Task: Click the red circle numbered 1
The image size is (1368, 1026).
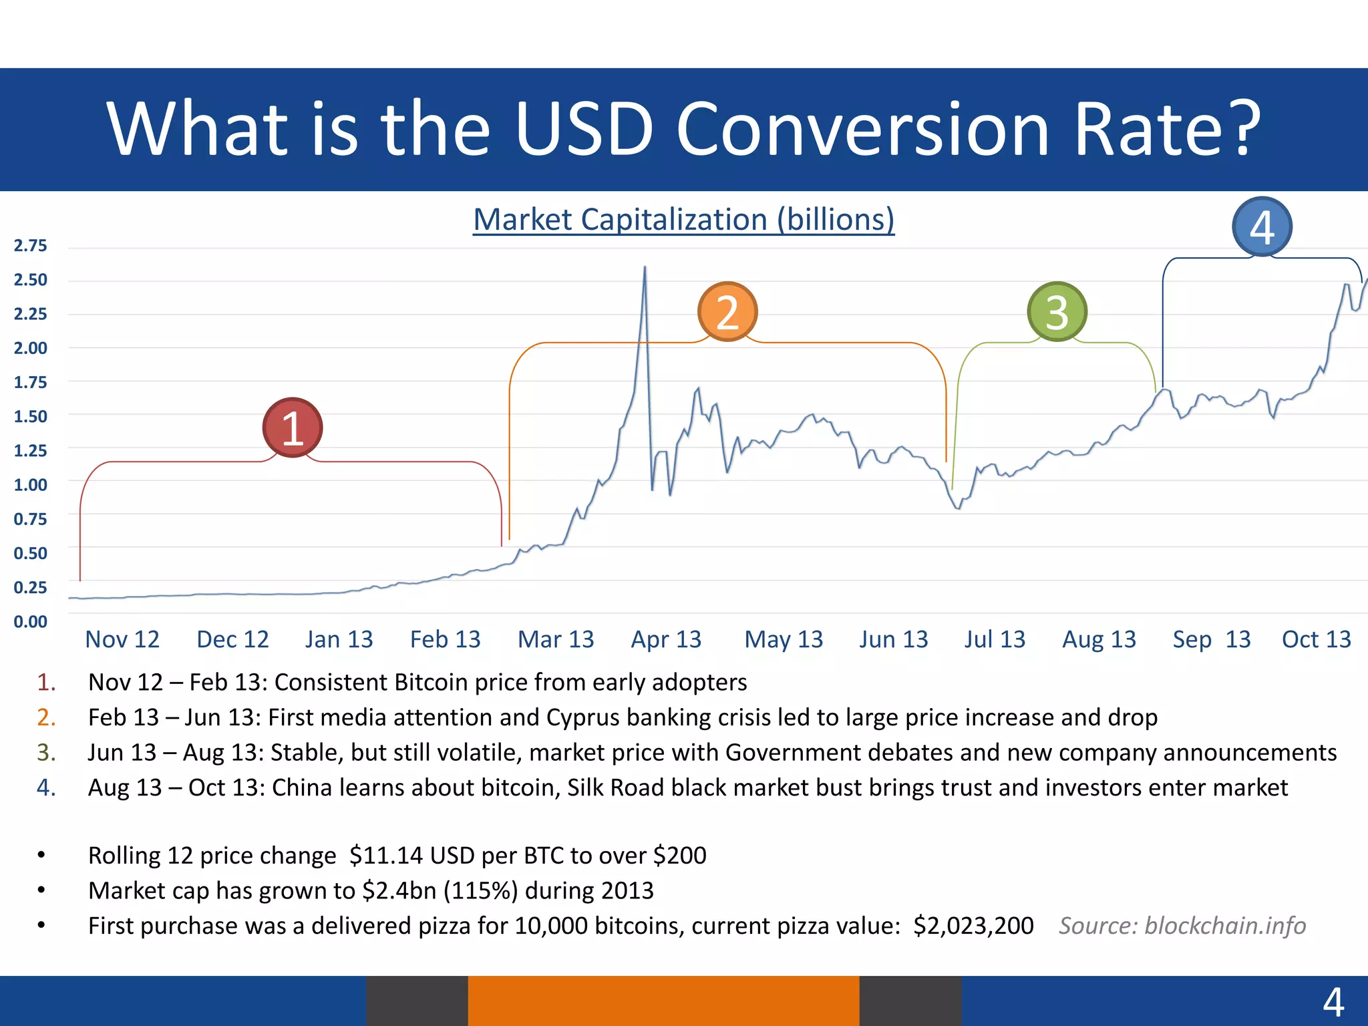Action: coord(293,427)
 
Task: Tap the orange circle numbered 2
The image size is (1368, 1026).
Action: coord(727,312)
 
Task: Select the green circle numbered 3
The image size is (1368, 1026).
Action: coord(1057,312)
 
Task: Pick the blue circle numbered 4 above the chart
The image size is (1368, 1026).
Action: coord(1262,227)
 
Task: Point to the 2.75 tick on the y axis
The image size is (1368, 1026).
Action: coord(31,246)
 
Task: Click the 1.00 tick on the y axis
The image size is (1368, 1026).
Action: coord(31,485)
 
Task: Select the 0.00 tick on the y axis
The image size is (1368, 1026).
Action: coord(31,622)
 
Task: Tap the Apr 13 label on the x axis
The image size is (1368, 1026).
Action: coord(666,640)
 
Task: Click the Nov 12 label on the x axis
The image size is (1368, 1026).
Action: coord(122,640)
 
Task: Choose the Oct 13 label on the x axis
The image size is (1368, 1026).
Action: coord(1316,640)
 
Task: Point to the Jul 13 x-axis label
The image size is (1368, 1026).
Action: coord(994,640)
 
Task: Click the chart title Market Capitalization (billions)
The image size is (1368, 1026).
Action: coord(683,220)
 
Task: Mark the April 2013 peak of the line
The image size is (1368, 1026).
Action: coord(645,268)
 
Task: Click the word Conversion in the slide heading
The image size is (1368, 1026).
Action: coord(862,128)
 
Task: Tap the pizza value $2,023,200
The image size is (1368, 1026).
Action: coord(973,926)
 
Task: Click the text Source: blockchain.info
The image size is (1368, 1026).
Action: coord(1182,926)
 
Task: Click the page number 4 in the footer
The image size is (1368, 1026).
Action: coord(1333,1002)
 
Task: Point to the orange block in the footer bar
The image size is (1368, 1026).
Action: coord(663,1001)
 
